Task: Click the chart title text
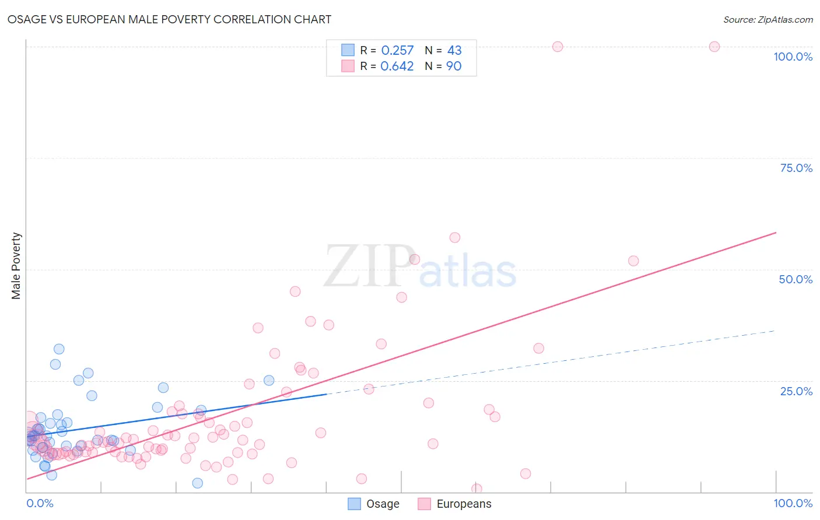pos(169,19)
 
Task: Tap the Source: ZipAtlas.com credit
pos(768,19)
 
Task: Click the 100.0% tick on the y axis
pos(793,57)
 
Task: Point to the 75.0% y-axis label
pos(796,168)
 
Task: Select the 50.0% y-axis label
pos(796,279)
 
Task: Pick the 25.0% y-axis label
pos(796,391)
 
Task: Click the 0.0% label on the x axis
pos(40,503)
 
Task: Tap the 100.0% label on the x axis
pos(793,503)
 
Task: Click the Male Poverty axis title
pos(16,266)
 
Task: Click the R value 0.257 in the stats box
pos(397,51)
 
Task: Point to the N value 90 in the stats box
pos(454,66)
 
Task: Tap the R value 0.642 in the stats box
pos(397,66)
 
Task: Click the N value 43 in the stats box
pos(454,51)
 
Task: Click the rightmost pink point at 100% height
pos(714,47)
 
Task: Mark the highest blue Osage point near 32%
pos(59,349)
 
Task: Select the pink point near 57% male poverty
pos(455,237)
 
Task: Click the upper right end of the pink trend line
pos(775,233)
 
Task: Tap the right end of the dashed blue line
pos(775,331)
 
